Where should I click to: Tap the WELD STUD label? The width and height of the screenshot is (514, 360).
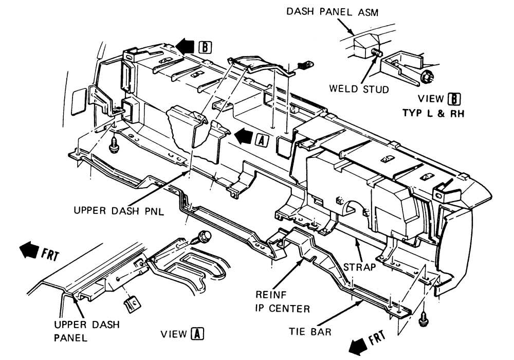coord(359,88)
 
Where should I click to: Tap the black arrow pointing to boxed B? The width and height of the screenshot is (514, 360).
coord(184,47)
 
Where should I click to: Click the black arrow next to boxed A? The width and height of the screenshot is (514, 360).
coord(244,137)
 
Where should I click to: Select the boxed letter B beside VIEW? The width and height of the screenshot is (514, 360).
coord(452,98)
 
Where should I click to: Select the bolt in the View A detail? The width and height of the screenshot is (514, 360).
coord(203,237)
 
